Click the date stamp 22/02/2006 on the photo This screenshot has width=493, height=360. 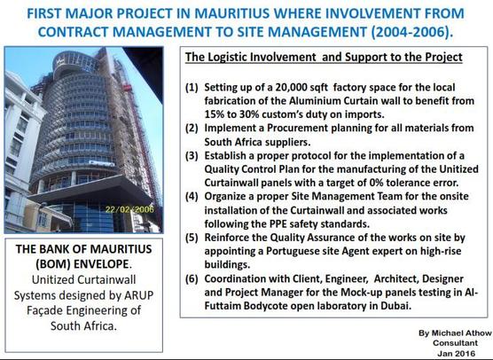click(129, 209)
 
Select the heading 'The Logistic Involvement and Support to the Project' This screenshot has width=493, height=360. click(324, 57)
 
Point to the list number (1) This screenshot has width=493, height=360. click(192, 87)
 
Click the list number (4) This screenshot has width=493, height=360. click(192, 196)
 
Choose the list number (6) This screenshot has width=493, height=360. click(192, 279)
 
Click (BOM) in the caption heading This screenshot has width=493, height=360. click(53, 264)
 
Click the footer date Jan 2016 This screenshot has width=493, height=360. click(457, 353)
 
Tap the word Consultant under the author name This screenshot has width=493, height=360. click(455, 343)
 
